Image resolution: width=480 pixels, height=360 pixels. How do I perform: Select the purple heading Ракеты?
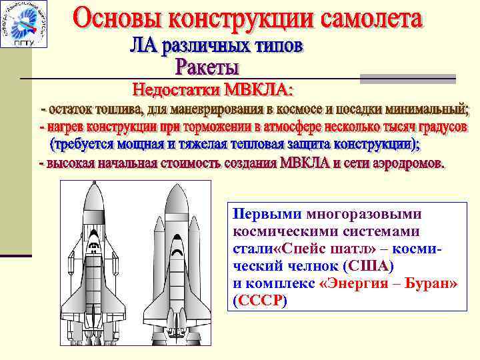coord(207,67)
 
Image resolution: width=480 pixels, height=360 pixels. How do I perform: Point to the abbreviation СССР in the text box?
coord(259,301)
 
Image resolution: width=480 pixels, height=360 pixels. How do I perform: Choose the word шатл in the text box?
coord(337,249)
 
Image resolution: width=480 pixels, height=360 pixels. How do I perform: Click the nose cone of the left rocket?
coord(95,190)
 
